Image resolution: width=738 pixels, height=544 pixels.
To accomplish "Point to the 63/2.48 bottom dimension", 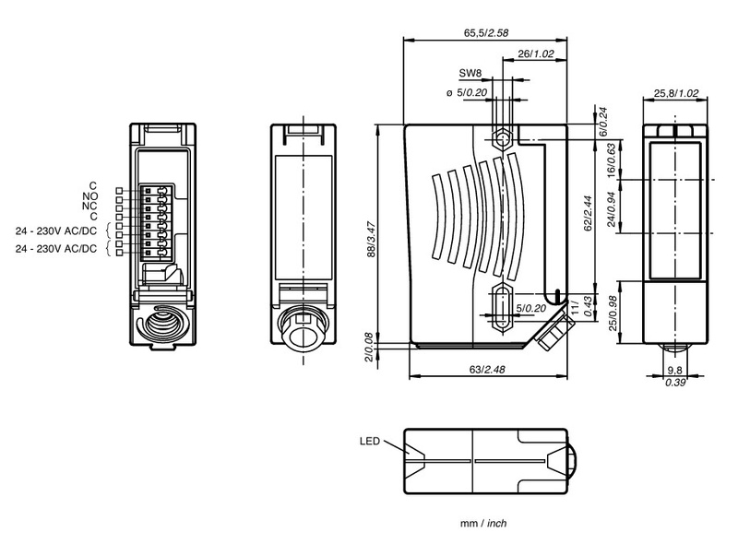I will (485, 370).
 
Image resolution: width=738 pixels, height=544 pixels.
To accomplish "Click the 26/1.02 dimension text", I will (537, 54).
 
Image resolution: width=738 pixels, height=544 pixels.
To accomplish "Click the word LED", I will (370, 441).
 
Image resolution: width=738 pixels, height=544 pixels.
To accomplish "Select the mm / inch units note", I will (483, 523).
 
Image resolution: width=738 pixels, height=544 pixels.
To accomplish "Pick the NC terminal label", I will (90, 206).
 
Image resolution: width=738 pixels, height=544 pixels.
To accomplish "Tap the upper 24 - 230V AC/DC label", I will (56, 230).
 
